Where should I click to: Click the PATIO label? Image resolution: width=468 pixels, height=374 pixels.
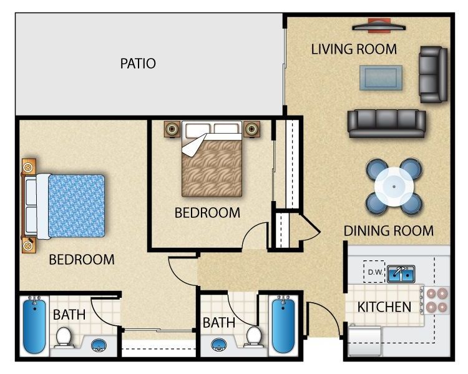click(137, 63)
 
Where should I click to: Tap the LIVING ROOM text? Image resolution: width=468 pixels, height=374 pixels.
click(354, 49)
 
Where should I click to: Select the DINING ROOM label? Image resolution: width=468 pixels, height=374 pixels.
click(388, 230)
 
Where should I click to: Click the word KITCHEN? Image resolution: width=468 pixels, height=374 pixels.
click(384, 307)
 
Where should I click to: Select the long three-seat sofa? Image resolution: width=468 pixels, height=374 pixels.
click(386, 123)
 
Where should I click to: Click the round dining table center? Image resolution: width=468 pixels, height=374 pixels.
click(394, 185)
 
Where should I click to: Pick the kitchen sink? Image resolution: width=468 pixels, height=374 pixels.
click(401, 273)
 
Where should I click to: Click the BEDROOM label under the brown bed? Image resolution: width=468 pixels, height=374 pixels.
click(207, 212)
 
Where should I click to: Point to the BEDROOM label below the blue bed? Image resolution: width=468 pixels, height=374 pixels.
click(82, 259)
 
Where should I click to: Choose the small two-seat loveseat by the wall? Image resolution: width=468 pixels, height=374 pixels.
click(433, 74)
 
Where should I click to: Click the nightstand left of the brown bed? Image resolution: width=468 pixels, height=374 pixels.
click(172, 129)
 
